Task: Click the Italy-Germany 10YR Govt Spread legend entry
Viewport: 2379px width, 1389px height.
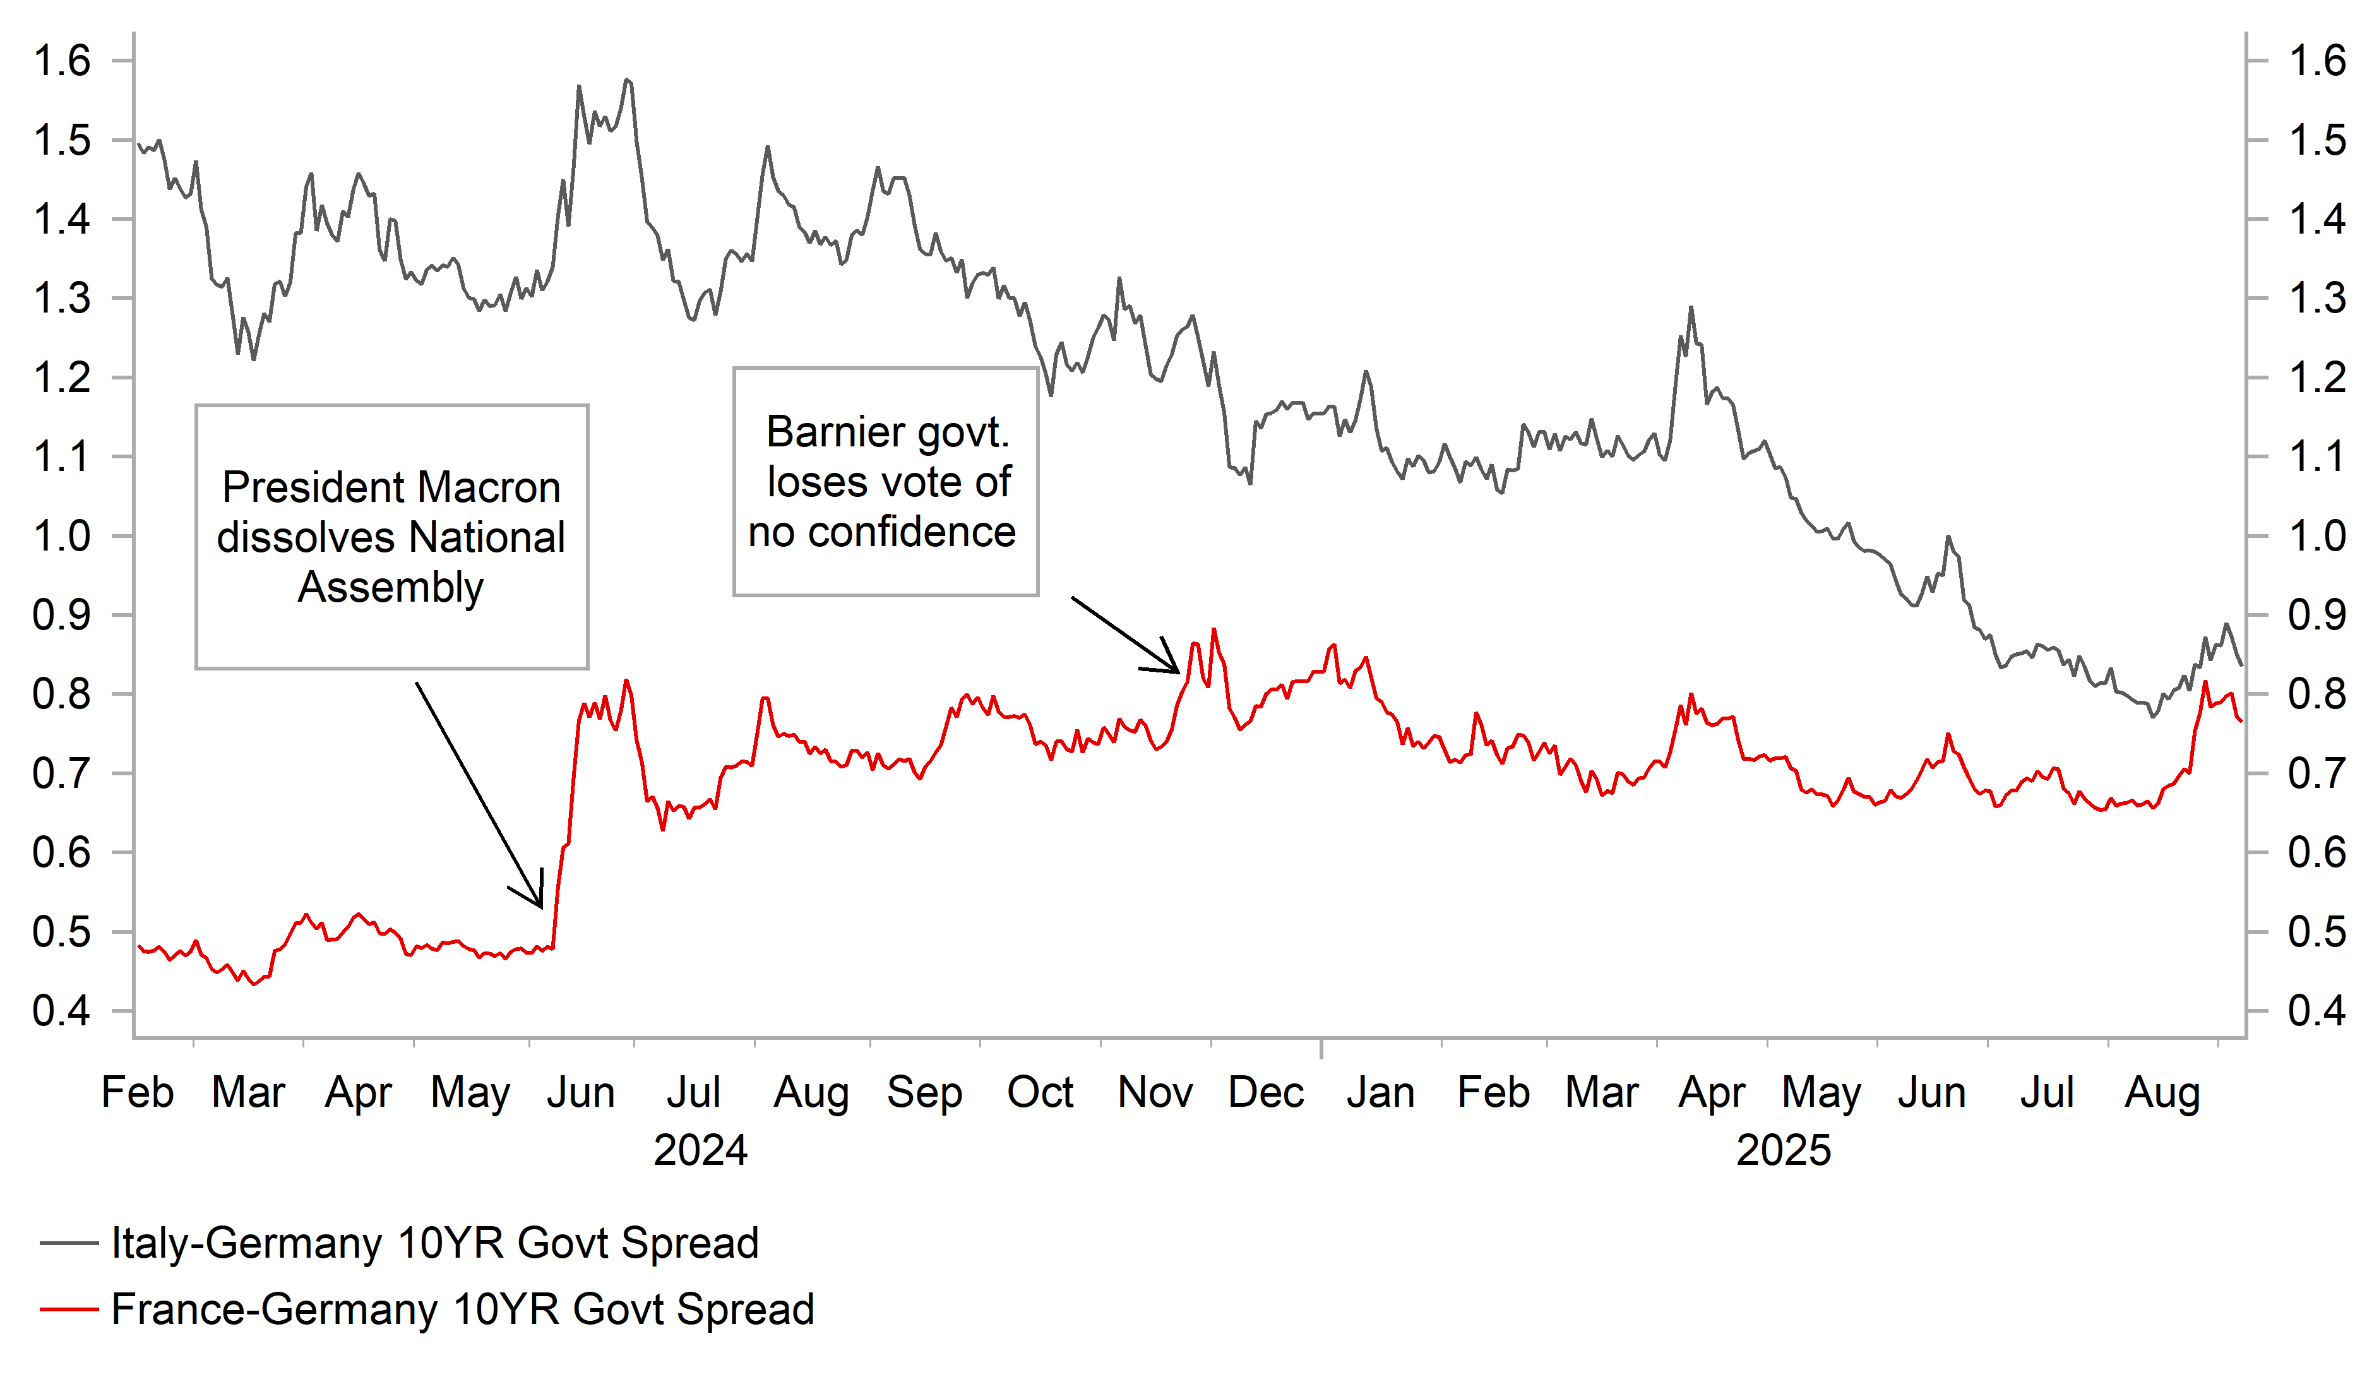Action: pos(434,1243)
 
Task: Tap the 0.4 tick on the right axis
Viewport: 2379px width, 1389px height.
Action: pos(2316,1011)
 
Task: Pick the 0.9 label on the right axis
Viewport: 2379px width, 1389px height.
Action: pos(2316,615)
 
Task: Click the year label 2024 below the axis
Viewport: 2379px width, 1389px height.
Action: pos(700,1150)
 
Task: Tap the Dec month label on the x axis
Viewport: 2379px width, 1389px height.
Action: pos(1265,1092)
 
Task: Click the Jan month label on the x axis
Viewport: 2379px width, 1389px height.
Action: pos(1380,1092)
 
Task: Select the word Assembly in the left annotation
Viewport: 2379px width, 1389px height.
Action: pos(391,587)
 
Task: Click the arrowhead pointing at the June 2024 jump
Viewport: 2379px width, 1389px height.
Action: pos(540,905)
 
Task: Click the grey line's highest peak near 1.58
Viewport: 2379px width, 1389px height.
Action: pos(627,80)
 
